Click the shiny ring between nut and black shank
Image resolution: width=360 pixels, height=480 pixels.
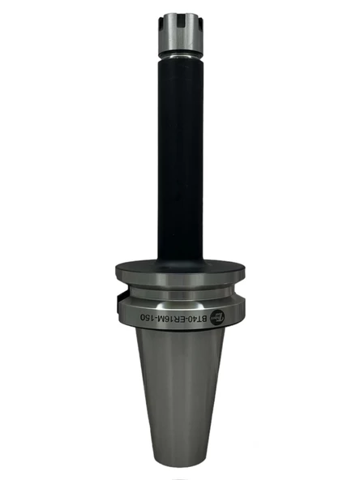[180, 56]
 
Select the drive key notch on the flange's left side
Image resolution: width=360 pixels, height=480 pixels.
[116, 306]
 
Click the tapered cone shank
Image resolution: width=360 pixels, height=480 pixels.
[180, 389]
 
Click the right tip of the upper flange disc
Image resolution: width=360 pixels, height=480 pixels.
[247, 272]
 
